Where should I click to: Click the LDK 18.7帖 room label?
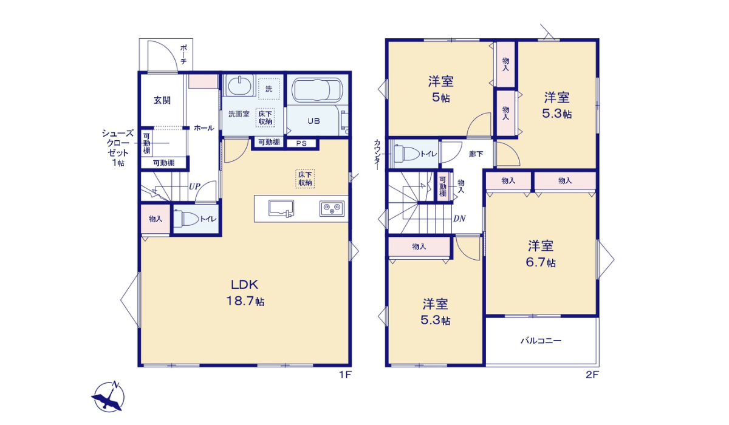pos(245,292)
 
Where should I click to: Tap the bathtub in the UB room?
pos(315,92)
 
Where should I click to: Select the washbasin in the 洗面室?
pos(241,85)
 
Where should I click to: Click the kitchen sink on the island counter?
pos(281,208)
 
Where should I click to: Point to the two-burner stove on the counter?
pos(331,208)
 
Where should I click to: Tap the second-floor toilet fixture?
pos(405,154)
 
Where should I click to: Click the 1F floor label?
pos(345,375)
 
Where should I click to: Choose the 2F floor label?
pos(592,375)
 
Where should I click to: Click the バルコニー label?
pos(541,341)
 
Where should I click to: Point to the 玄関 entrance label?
pos(162,100)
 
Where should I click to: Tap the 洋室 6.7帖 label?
pos(541,254)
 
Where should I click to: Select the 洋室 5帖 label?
pos(441,89)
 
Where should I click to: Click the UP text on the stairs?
pos(194,186)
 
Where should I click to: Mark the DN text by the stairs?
pos(459,219)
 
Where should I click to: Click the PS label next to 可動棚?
pos(301,144)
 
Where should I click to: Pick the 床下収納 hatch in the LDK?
pos(305,178)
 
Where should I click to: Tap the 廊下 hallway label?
pos(476,154)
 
